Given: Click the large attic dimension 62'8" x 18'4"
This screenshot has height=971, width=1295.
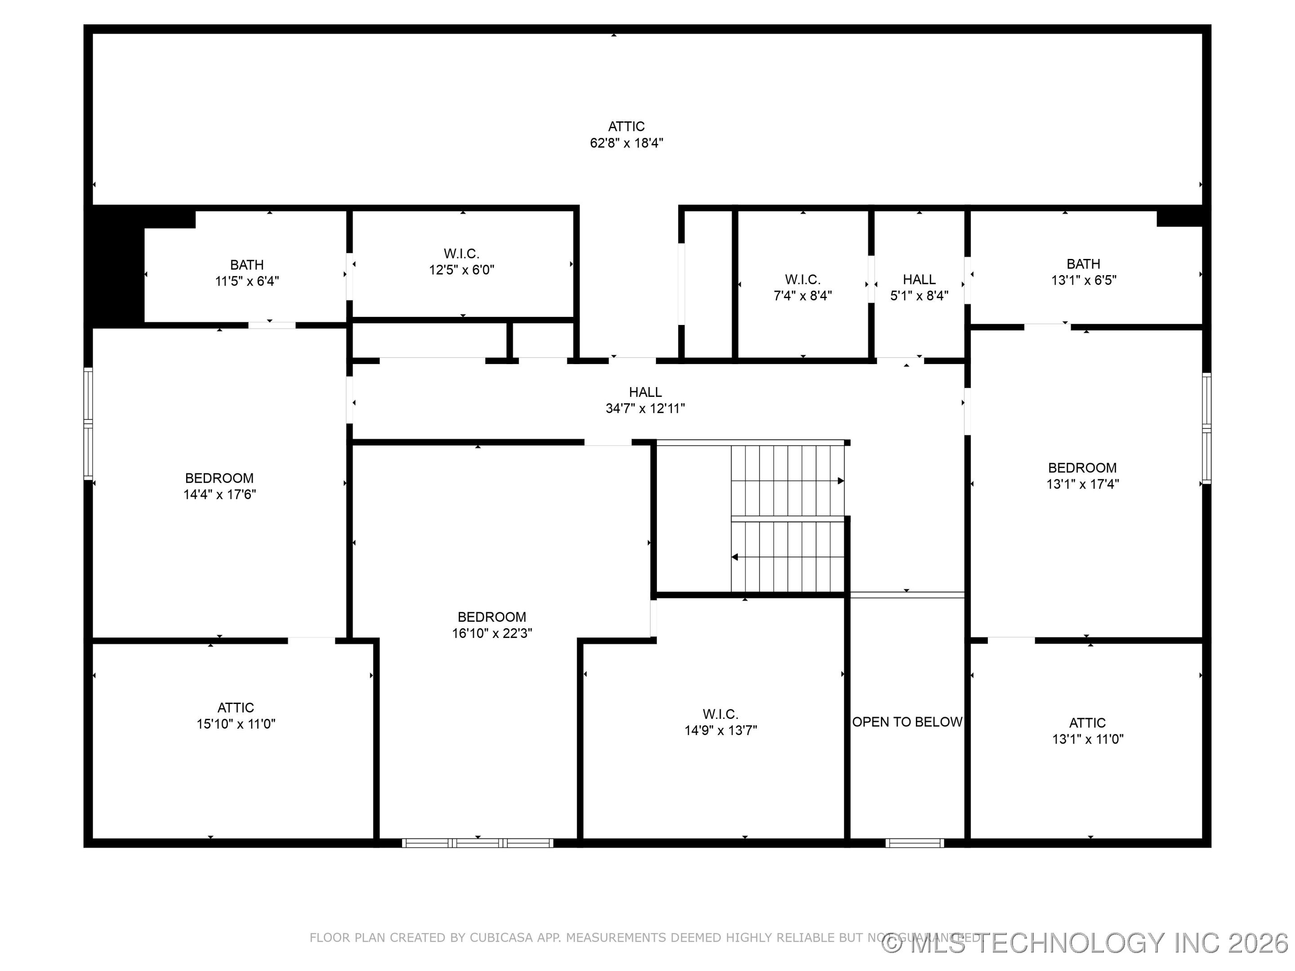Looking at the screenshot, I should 626,143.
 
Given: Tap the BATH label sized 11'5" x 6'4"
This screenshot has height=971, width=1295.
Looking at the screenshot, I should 246,273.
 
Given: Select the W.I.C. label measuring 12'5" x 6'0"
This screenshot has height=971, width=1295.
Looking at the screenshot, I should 461,262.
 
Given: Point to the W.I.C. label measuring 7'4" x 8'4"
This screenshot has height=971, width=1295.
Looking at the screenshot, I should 802,287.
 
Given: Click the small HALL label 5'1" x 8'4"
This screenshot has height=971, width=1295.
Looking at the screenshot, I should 919,287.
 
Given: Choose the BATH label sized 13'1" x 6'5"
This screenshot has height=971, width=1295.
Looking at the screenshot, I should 1083,272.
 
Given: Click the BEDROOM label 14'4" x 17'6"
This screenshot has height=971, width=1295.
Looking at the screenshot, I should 219,486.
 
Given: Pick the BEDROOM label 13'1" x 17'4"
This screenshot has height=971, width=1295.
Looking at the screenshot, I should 1082,476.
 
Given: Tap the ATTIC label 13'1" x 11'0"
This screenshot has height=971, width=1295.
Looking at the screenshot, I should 1087,730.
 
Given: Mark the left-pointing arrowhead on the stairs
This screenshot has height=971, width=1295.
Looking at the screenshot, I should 735,557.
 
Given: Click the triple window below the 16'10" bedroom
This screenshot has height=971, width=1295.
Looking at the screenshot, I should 477,843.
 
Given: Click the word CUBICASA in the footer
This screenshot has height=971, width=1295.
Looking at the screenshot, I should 501,938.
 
